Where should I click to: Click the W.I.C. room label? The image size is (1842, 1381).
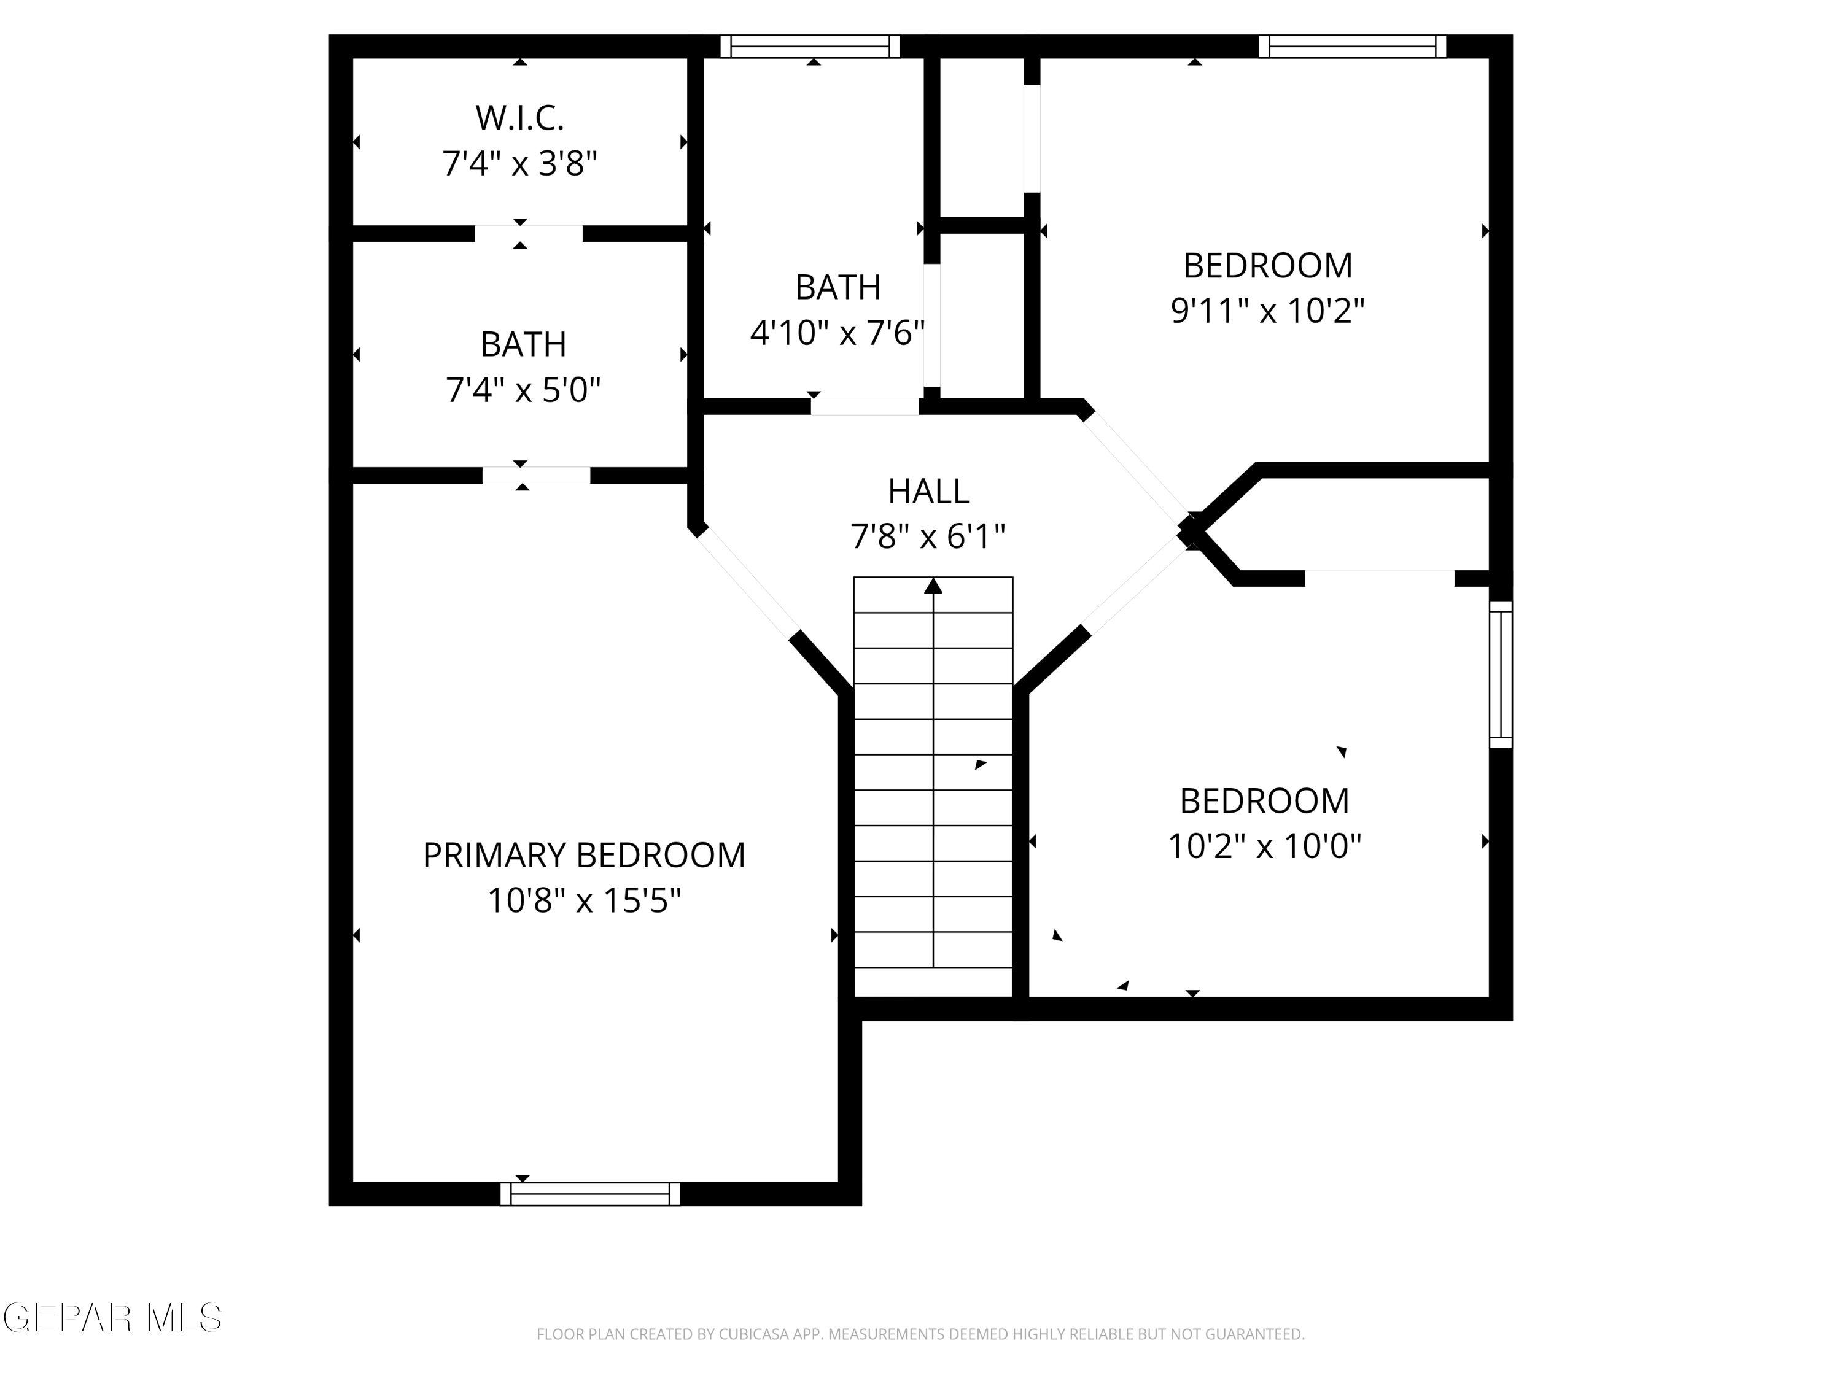[x=519, y=118]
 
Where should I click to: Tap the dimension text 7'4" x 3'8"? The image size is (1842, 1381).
[x=519, y=163]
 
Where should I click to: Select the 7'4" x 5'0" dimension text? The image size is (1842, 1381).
[x=523, y=390]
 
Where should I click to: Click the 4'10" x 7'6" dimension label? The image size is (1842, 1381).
[x=837, y=333]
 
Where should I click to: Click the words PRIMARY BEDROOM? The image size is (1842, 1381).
[x=584, y=856]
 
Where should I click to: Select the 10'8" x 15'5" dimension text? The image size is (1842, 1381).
[x=584, y=900]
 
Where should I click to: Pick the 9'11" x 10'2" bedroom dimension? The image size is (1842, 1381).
[x=1267, y=311]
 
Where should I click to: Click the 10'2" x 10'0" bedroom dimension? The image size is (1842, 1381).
[x=1264, y=846]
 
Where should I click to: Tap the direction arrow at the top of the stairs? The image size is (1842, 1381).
[x=933, y=586]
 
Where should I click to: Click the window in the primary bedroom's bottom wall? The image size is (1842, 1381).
[x=589, y=1194]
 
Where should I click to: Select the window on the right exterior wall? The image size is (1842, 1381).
[x=1501, y=675]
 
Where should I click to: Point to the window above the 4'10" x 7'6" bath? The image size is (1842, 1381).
[x=810, y=47]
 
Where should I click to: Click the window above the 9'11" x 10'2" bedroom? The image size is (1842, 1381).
[x=1353, y=47]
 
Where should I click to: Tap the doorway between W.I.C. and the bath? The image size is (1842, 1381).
[x=529, y=234]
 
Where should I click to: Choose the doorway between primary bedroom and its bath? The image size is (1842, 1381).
[x=536, y=475]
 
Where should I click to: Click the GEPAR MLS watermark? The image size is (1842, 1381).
[x=112, y=1318]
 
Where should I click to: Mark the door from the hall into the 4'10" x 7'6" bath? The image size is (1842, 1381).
[x=865, y=406]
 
